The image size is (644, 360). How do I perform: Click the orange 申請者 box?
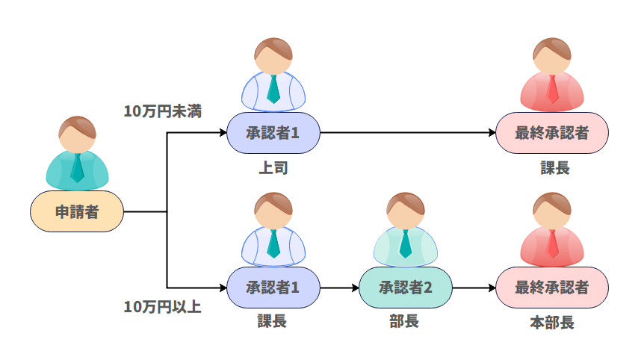(77, 211)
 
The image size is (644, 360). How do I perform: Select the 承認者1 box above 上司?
(273, 134)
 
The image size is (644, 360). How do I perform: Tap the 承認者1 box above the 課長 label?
(273, 288)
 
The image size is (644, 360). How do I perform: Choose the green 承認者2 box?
(406, 288)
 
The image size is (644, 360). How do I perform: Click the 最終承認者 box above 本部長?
(552, 288)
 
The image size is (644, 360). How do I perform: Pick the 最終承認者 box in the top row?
(552, 134)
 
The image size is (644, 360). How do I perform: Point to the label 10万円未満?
(163, 111)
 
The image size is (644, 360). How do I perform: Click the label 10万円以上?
(163, 306)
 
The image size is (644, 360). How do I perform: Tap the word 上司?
(273, 168)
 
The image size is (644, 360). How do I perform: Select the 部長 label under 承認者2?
(405, 322)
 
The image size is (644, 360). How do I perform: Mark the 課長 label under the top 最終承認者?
(555, 168)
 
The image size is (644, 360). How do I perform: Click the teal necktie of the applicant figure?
(77, 169)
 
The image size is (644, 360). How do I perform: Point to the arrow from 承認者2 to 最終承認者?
(474, 288)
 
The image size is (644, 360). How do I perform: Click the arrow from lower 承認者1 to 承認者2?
(339, 288)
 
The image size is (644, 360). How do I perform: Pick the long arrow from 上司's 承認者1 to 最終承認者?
(407, 134)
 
